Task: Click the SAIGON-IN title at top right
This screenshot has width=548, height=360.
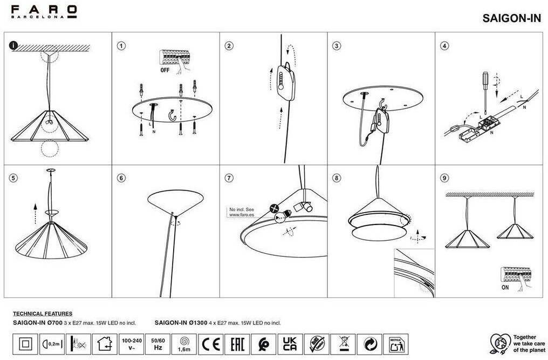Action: (511, 17)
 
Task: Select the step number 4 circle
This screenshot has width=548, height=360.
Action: (444, 46)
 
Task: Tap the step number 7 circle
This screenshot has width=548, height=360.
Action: (229, 178)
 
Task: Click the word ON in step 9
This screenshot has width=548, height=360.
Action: (505, 288)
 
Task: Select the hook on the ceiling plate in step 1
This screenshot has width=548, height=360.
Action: (174, 116)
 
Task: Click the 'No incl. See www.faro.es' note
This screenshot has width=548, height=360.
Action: (242, 212)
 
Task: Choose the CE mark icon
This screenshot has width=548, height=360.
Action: (210, 343)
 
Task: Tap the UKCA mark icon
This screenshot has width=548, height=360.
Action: (289, 343)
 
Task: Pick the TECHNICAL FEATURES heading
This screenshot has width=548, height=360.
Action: (43, 314)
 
